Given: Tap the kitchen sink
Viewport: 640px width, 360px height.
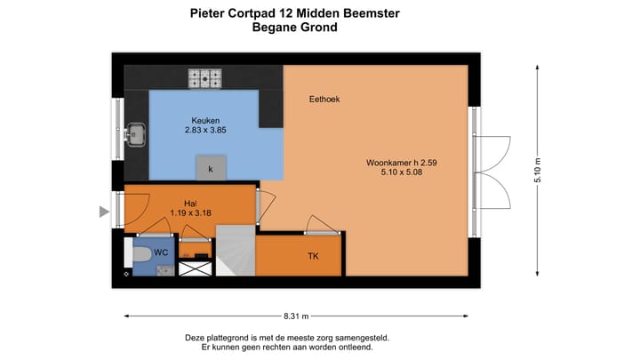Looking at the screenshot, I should click(x=136, y=135).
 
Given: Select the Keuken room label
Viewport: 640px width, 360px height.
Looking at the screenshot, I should click(x=205, y=121).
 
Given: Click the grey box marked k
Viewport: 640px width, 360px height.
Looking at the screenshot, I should click(x=211, y=168).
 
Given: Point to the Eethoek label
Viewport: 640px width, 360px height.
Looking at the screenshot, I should click(x=324, y=99).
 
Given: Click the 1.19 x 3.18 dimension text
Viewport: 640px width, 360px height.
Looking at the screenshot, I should click(x=191, y=213).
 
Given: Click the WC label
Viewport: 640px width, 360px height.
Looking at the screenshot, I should click(x=162, y=252).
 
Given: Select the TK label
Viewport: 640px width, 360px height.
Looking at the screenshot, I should click(x=313, y=257).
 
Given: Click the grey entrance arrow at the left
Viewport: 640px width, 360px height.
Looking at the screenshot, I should click(x=104, y=212).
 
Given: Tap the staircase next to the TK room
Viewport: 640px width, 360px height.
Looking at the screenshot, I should click(x=236, y=251).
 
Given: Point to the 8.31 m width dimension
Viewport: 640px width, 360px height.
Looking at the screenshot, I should click(x=296, y=316).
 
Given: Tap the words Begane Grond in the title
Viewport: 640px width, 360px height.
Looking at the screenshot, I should click(x=295, y=28).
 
